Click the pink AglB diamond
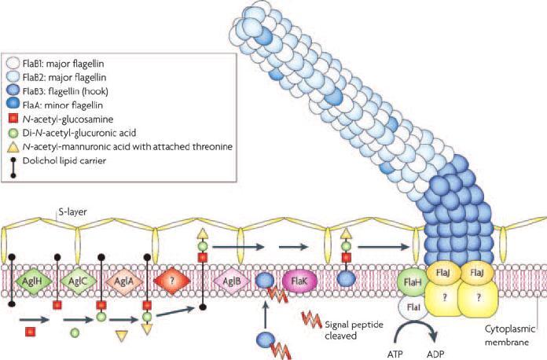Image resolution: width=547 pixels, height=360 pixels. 231,281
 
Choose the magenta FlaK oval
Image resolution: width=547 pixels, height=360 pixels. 299,281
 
